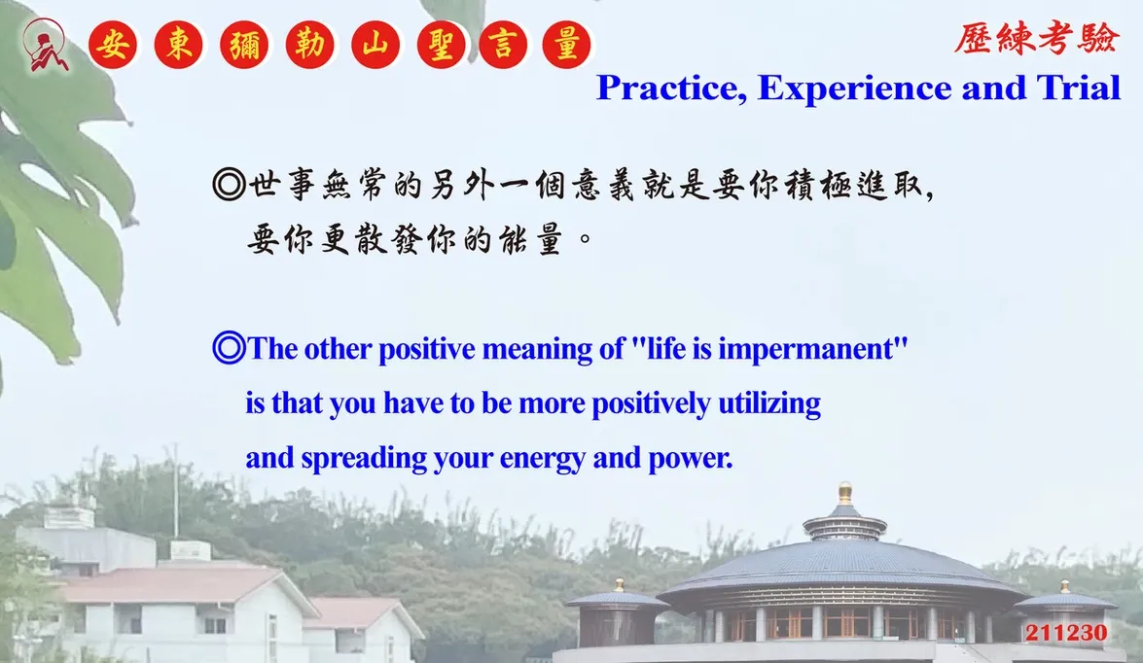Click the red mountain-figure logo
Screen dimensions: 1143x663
tap(46, 45)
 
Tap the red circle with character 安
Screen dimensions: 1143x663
tap(113, 45)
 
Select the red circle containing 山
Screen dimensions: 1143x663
tap(375, 45)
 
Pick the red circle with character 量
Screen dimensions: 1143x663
tap(566, 45)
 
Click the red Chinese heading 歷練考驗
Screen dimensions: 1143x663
tap(1036, 38)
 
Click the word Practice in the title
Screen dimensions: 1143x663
tap(671, 88)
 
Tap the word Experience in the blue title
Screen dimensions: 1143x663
tap(854, 88)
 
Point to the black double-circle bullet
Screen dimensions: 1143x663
tap(229, 185)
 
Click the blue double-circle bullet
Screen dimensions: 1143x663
tap(229, 348)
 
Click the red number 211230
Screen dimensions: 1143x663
tap(1066, 633)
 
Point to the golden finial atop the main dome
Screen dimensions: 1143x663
tap(845, 493)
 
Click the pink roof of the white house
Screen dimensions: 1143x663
tap(181, 584)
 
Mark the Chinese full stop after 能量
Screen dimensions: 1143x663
tap(585, 238)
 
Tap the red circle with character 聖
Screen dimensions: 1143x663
tap(441, 45)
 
